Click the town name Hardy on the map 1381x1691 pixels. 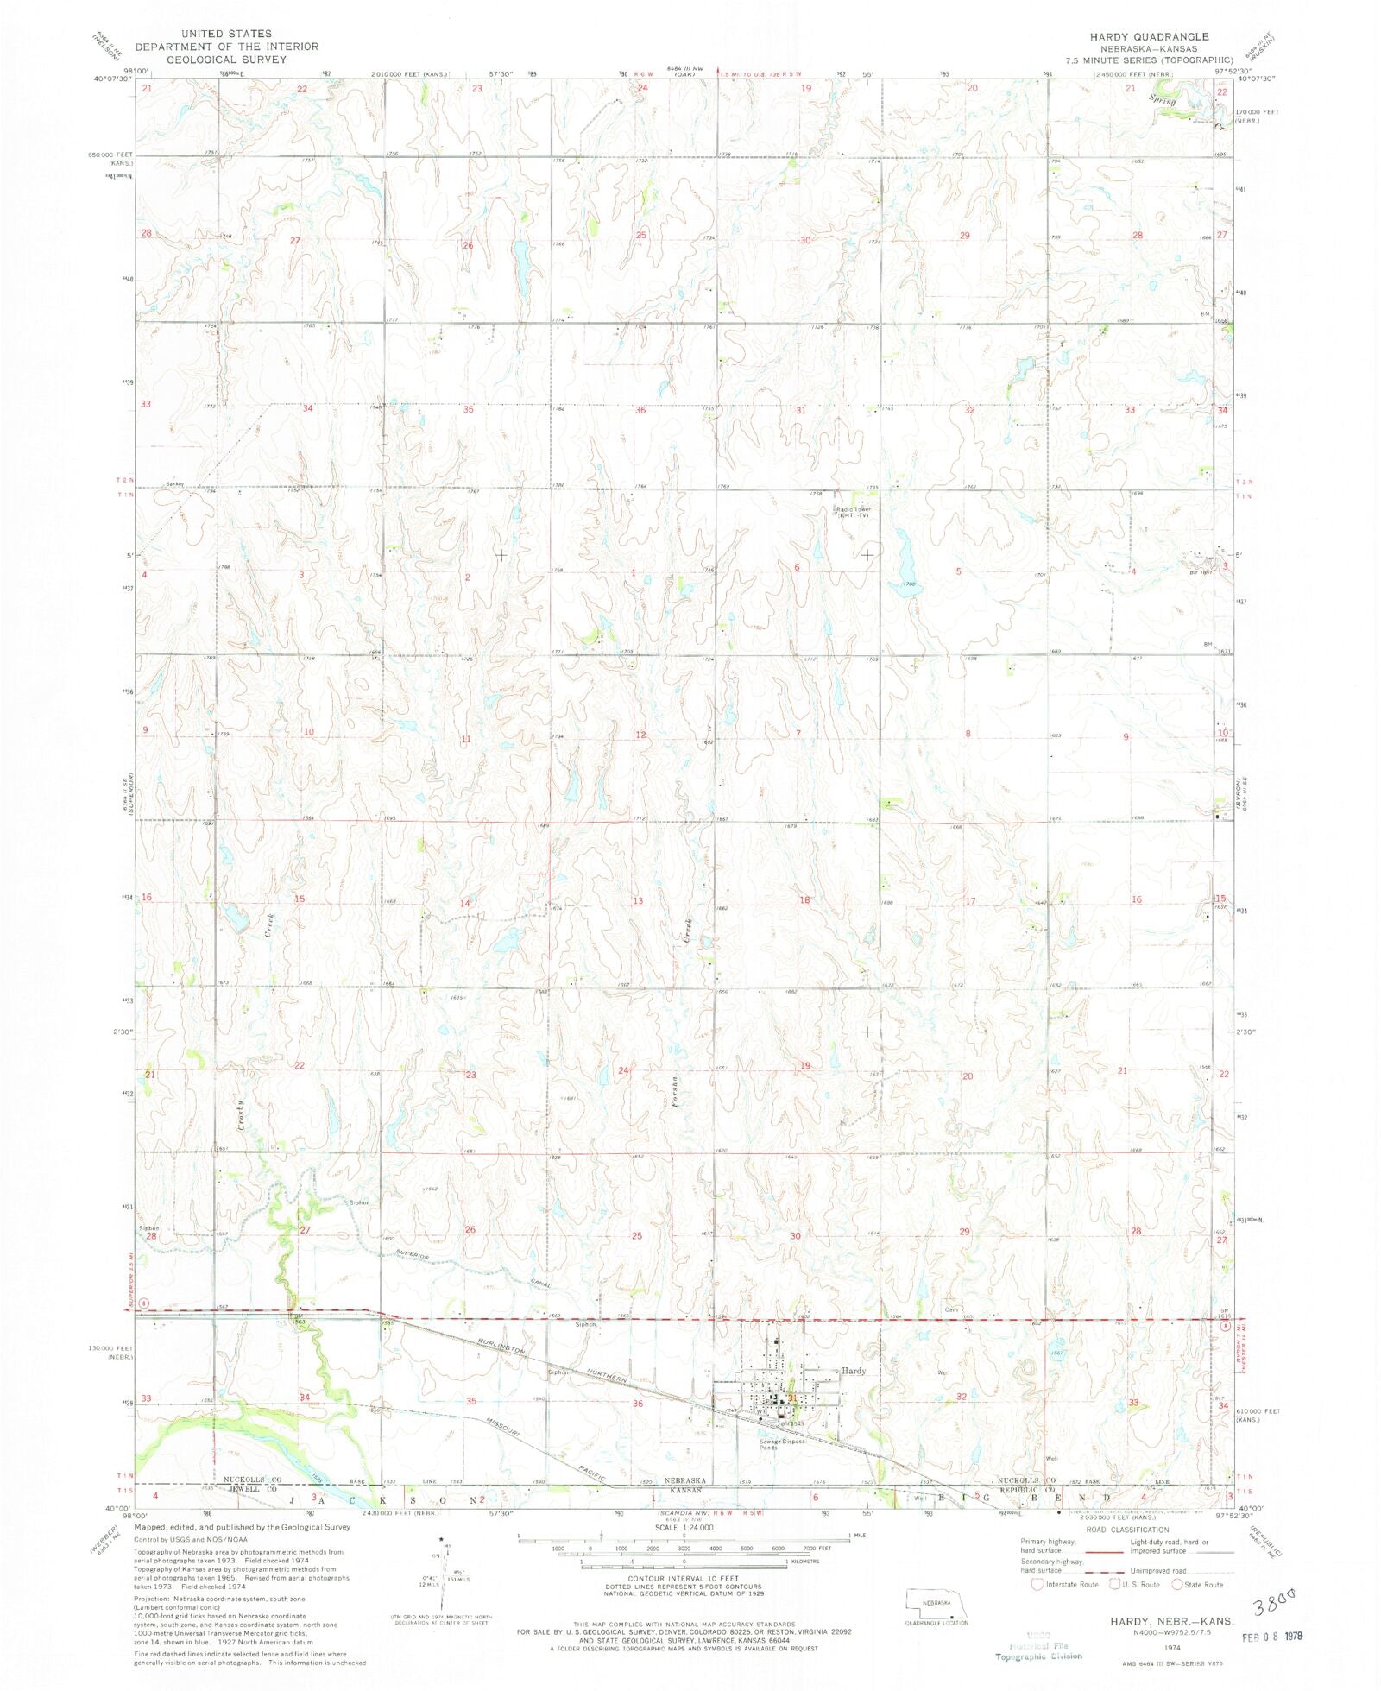pos(853,1371)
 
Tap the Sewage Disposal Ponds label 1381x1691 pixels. pos(782,1444)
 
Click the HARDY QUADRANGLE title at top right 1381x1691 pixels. pos(1149,37)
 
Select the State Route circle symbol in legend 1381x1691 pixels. pos(1176,1584)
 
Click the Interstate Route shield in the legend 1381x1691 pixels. pos(1037,1584)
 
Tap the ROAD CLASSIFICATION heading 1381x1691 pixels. pos(1127,1530)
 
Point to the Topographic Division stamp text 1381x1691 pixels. pos(1038,1656)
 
